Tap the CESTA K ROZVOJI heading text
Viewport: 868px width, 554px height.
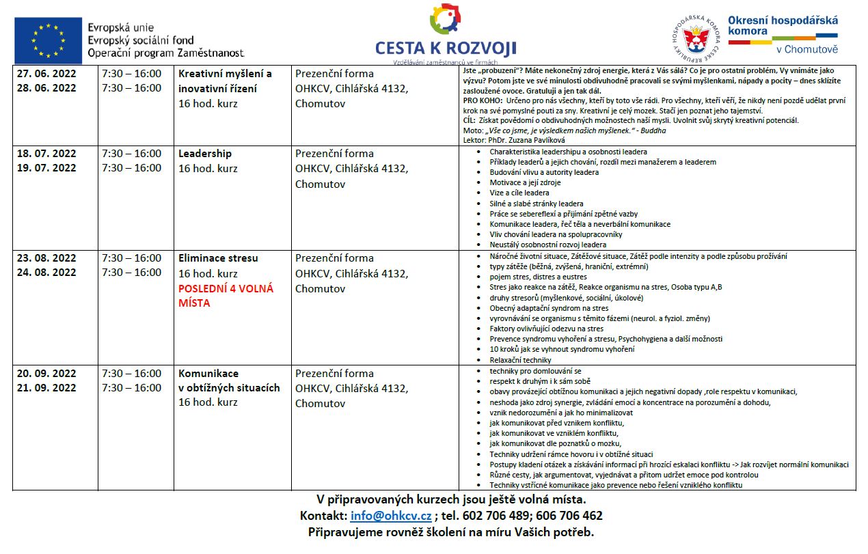(446, 48)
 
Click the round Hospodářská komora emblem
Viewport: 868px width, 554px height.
(695, 37)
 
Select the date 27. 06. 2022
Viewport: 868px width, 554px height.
(46, 74)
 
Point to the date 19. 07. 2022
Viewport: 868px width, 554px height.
(46, 168)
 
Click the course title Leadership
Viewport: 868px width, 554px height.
(205, 154)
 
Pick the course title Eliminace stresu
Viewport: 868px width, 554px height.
(218, 258)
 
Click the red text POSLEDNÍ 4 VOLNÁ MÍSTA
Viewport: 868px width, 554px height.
(226, 296)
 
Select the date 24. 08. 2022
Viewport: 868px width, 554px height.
(46, 273)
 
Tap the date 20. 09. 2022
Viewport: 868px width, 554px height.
(46, 374)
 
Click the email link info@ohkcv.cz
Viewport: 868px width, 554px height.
(391, 516)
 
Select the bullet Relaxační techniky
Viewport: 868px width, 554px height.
(520, 360)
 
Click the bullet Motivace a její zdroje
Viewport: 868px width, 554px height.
(526, 183)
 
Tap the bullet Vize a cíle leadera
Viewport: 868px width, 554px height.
(519, 193)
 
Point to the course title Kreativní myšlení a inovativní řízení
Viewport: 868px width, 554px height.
(225, 81)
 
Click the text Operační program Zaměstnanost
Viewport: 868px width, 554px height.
(166, 53)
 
